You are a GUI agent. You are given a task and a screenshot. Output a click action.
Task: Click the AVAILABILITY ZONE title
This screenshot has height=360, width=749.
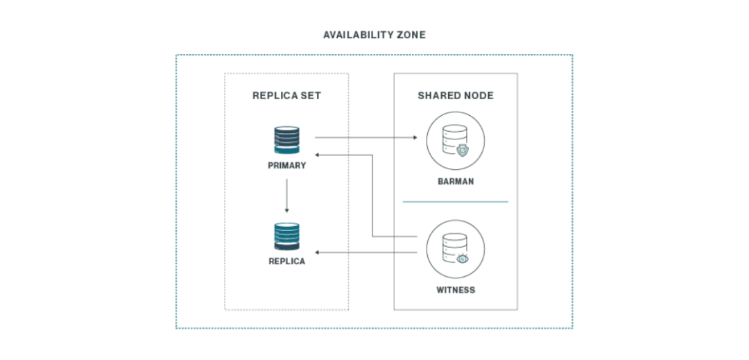click(x=374, y=34)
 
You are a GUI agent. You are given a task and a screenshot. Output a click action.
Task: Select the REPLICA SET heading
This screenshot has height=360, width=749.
click(x=286, y=96)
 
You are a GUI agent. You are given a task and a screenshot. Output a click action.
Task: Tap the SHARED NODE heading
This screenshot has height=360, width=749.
click(x=456, y=96)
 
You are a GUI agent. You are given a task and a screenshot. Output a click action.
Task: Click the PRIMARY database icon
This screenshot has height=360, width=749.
click(x=286, y=141)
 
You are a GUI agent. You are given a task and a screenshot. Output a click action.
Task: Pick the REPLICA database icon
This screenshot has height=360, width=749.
click(x=286, y=237)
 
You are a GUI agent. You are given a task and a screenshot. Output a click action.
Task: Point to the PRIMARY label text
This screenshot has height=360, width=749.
click(x=286, y=166)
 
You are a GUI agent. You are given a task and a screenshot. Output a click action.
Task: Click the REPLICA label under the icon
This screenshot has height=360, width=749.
click(x=286, y=262)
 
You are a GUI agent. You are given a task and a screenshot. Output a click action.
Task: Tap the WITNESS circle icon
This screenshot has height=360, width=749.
click(x=456, y=248)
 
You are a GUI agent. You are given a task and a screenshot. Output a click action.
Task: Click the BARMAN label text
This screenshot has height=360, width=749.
click(x=456, y=182)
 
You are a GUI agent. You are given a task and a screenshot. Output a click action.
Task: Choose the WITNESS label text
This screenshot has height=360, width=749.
click(x=456, y=289)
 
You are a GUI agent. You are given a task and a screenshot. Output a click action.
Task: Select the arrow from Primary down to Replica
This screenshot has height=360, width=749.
click(x=286, y=196)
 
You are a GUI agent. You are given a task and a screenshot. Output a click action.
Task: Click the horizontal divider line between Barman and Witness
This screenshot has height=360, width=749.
click(x=456, y=202)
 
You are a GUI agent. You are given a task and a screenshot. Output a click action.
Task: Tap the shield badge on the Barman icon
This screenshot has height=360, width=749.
click(x=463, y=148)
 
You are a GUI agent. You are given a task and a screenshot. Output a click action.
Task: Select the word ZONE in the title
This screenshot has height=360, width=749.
click(x=412, y=34)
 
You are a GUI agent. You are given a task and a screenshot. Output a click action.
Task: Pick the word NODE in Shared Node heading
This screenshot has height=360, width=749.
click(x=479, y=96)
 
